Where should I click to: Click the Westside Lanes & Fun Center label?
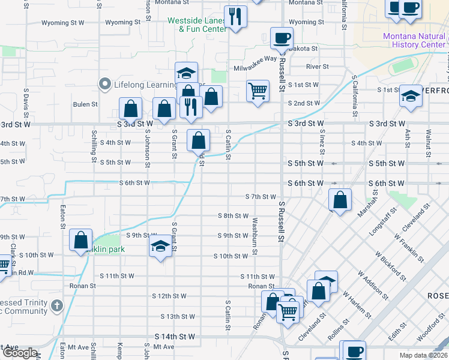pos(197,25)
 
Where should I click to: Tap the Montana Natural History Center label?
pos(414,40)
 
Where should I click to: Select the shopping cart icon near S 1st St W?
pos(258,91)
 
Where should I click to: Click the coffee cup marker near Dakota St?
pos(282,38)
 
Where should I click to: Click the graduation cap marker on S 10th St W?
pos(160,246)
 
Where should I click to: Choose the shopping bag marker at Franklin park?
pos(80,240)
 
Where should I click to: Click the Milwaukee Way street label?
pos(255,59)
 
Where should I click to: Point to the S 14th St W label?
pos(175,337)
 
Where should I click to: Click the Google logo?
pos(20,353)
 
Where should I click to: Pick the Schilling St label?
pos(94,146)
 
